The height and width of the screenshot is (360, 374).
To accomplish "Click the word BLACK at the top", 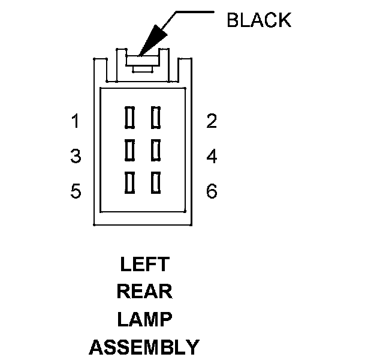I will (258, 20).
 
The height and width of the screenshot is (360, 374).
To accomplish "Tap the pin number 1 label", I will (76, 122).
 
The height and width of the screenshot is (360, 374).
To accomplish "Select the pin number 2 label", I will (211, 122).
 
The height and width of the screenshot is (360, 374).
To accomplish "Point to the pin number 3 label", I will (76, 157).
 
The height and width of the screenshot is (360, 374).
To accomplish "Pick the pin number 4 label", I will (211, 157).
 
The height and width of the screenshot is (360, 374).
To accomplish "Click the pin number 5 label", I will (76, 191).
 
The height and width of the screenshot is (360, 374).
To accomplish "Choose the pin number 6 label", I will (211, 191).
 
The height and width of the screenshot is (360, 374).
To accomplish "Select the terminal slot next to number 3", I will (128, 149).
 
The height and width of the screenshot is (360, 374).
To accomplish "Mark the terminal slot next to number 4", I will (156, 149).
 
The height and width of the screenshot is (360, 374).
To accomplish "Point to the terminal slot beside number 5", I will (128, 182).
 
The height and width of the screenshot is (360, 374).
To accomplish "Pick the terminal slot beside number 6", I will (156, 182).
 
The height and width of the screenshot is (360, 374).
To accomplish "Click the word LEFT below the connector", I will (144, 264).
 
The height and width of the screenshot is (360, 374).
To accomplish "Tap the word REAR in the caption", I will (144, 292).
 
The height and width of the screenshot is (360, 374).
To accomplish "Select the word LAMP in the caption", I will (144, 319).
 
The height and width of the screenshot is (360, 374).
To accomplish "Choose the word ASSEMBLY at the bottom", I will (144, 347).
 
